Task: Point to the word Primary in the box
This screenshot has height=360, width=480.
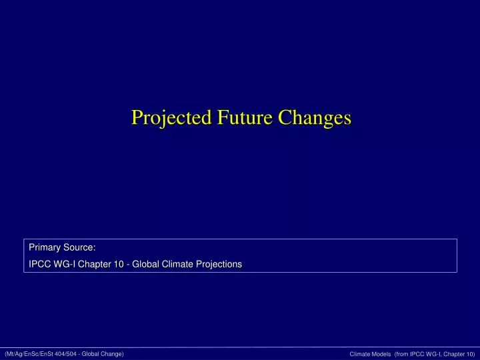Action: click(x=43, y=248)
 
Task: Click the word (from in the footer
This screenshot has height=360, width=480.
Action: click(x=405, y=353)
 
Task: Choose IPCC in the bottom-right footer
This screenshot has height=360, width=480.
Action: click(x=421, y=353)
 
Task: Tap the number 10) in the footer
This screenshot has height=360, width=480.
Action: click(x=470, y=353)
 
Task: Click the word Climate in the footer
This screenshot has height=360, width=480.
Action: click(x=360, y=353)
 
